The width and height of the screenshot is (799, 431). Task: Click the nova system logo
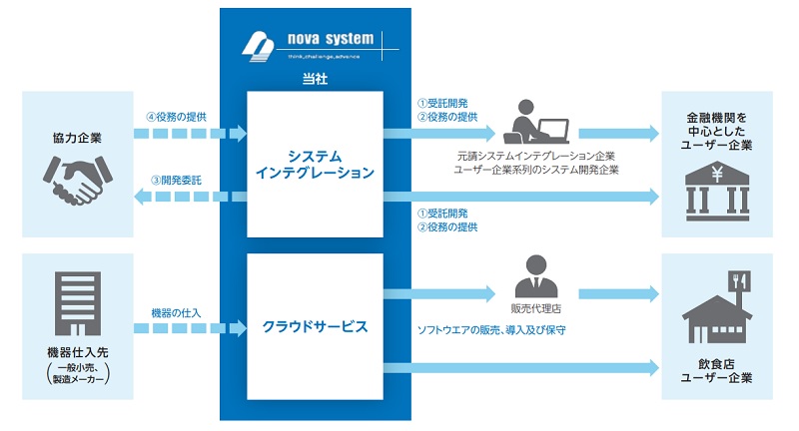click(x=310, y=44)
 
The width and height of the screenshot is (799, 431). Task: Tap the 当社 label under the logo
click(x=314, y=77)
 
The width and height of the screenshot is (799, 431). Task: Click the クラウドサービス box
click(x=315, y=326)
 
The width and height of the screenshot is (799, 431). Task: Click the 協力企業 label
click(x=76, y=137)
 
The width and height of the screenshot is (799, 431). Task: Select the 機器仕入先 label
click(x=76, y=354)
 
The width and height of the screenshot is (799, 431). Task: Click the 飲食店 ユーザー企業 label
click(x=717, y=371)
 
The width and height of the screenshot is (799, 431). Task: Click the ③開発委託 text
click(x=176, y=179)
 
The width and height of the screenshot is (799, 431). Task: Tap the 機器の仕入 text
click(x=177, y=312)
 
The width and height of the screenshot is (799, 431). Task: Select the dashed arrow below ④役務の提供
click(x=190, y=133)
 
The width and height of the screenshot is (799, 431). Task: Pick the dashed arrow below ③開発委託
click(x=190, y=197)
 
